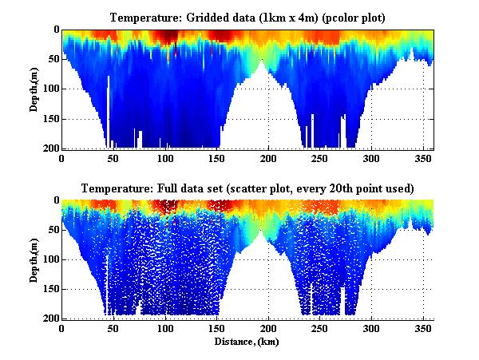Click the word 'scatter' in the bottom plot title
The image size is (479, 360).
pyautogui.click(x=261, y=188)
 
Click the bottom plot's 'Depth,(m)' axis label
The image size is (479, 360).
pyautogui.click(x=34, y=259)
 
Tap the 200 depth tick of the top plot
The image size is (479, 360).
pyautogui.click(x=50, y=148)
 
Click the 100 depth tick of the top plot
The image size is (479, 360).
pyautogui.click(x=50, y=89)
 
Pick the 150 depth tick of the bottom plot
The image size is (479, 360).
pyautogui.click(x=50, y=289)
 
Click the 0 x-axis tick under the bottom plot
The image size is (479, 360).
pyautogui.click(x=62, y=328)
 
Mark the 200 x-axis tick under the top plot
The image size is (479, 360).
pyautogui.click(x=268, y=158)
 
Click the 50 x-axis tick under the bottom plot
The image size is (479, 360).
pyautogui.click(x=113, y=328)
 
